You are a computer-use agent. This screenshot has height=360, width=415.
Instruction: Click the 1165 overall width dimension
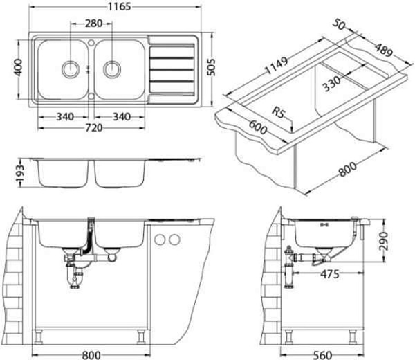[x=119, y=7]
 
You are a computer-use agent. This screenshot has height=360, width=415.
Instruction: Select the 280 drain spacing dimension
[x=93, y=24]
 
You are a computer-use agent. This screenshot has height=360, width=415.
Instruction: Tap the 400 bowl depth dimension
[x=18, y=68]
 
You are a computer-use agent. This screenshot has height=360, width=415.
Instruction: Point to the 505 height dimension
[x=211, y=67]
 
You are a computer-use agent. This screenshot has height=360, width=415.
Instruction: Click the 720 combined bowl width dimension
[x=94, y=128]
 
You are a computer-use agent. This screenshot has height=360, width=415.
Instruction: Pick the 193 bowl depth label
[x=19, y=173]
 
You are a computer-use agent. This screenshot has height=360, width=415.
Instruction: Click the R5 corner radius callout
[x=279, y=112]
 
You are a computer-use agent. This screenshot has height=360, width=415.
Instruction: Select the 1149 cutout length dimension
[x=276, y=66]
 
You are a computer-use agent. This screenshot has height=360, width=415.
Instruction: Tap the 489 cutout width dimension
[x=383, y=50]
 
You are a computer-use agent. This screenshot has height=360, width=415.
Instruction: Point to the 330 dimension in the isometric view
[x=332, y=84]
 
